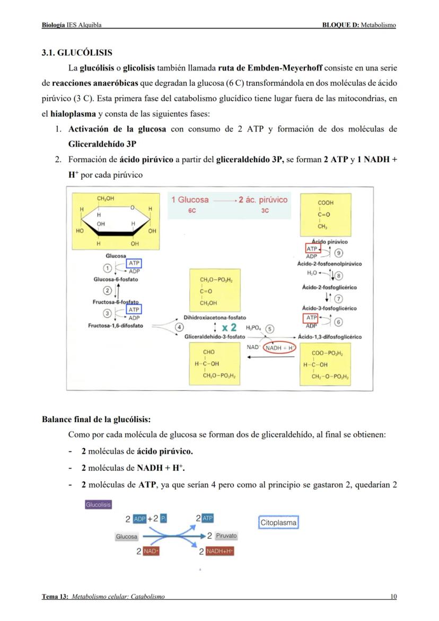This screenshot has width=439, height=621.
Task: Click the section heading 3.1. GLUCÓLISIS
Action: (77, 53)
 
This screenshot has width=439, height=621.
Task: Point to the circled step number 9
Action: (339, 253)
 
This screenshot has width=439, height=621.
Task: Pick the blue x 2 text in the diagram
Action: (229, 327)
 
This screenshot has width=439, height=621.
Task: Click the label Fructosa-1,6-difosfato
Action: (115, 326)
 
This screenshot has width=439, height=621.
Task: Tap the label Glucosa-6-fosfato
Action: (116, 279)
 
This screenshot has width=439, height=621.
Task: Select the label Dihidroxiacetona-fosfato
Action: (215, 317)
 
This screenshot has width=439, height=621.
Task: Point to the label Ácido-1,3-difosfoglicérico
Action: (330, 337)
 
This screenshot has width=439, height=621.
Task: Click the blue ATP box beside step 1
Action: (134, 263)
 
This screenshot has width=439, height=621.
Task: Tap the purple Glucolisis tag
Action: (98, 504)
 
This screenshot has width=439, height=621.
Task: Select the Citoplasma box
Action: (278, 522)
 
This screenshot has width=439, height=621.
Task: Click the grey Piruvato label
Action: (226, 536)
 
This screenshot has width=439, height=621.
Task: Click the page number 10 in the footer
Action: (393, 597)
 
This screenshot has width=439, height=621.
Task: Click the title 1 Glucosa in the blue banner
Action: (190, 200)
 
